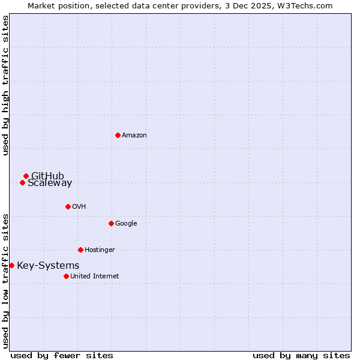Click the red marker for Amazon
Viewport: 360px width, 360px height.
pyautogui.click(x=118, y=135)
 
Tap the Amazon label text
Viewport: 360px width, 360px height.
pyautogui.click(x=134, y=136)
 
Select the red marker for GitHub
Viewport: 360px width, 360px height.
pyautogui.click(x=26, y=176)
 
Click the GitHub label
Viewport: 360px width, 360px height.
pyautogui.click(x=47, y=176)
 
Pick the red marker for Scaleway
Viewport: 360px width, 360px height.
pyautogui.click(x=22, y=182)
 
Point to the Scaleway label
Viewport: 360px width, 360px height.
pyautogui.click(x=50, y=183)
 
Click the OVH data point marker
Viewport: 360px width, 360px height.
pyautogui.click(x=68, y=206)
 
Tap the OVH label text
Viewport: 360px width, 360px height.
pyautogui.click(x=79, y=207)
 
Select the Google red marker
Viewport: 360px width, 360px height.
pyautogui.click(x=111, y=223)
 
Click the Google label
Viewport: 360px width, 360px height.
pyautogui.click(x=126, y=224)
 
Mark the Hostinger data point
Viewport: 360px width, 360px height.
pyautogui.click(x=80, y=250)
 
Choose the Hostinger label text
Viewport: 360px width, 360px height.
pyautogui.click(x=100, y=250)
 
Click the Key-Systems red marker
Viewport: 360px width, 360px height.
pyautogui.click(x=11, y=265)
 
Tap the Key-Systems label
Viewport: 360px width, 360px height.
pyautogui.click(x=48, y=266)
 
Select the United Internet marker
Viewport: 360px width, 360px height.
pyautogui.click(x=66, y=276)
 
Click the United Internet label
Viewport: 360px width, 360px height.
pyautogui.click(x=94, y=277)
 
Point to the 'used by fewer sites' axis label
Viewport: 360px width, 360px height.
pyautogui.click(x=62, y=355)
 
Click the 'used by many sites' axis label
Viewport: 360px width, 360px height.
pyautogui.click(x=301, y=355)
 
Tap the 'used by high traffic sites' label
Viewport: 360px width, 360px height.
pyautogui.click(x=5, y=85)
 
